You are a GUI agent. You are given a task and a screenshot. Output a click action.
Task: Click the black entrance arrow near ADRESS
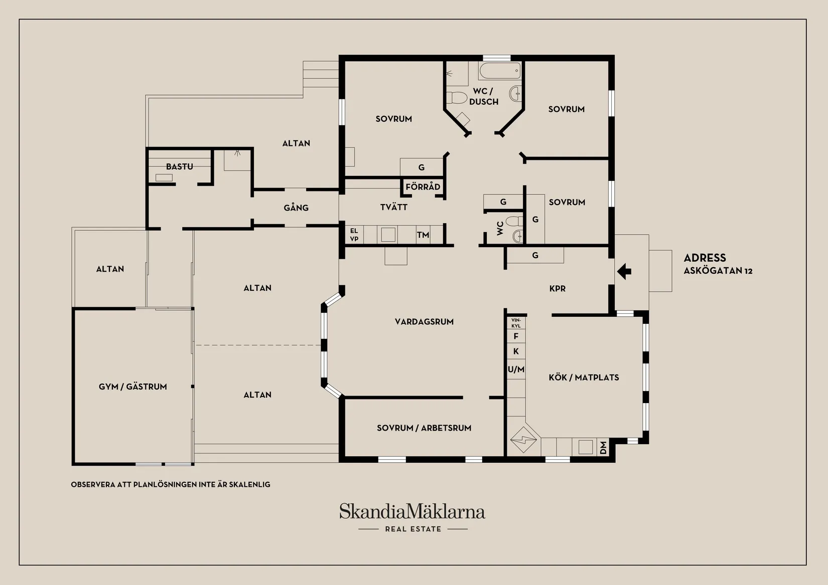coord(624,272)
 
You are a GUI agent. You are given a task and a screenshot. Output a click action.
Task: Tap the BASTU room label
coord(179,166)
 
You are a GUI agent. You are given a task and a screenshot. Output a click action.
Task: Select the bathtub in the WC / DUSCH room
coord(500,71)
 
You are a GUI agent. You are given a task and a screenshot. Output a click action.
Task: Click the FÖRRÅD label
coord(423,187)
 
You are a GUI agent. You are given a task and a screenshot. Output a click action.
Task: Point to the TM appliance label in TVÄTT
coord(423,235)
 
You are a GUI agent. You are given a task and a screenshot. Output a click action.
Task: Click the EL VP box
coord(354,235)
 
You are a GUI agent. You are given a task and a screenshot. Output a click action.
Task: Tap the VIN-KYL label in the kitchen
coord(516,323)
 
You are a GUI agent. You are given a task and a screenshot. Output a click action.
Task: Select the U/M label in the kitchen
coord(516,369)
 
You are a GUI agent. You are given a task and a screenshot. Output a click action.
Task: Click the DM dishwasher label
coord(603,448)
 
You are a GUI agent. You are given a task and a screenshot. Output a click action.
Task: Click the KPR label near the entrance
coord(557,289)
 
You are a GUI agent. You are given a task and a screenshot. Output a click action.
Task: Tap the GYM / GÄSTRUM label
coord(132,386)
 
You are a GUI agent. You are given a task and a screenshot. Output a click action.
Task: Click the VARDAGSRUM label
coord(424,322)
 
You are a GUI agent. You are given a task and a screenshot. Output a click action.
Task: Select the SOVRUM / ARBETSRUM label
coord(424,428)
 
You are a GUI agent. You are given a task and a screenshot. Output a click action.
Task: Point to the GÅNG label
coord(296,208)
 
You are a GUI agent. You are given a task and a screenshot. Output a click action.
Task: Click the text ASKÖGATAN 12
coord(718,271)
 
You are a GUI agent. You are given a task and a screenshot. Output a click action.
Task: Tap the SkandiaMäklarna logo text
coord(412,512)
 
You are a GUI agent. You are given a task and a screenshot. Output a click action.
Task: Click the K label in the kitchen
coord(516,351)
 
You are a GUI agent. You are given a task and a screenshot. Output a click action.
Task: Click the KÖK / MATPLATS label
coord(584,377)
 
